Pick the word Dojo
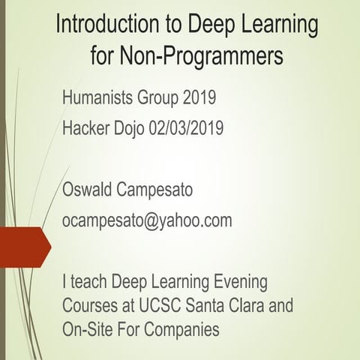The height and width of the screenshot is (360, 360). click(x=141, y=129)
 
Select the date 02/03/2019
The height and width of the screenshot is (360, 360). click(x=202, y=129)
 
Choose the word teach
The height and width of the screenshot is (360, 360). click(x=89, y=283)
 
